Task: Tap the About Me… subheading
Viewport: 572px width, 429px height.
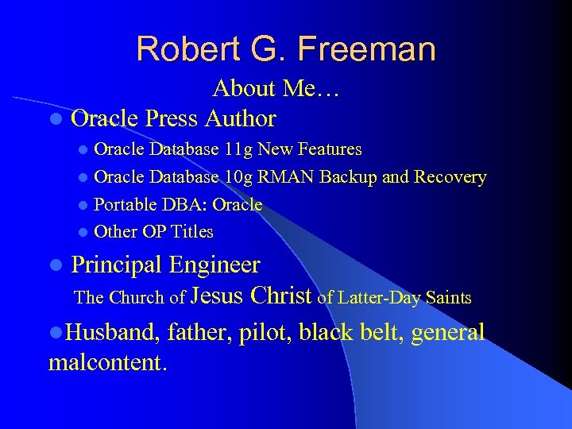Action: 276,89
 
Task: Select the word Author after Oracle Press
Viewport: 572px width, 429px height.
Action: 240,119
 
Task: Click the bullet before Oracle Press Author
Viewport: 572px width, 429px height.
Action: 54,120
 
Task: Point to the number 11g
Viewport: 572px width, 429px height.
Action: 239,149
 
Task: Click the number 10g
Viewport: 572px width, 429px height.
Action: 239,177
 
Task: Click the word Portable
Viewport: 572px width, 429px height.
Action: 126,204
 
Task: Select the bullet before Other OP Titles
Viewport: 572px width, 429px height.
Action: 83,233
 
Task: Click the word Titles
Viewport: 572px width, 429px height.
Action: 193,232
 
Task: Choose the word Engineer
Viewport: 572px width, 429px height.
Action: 214,265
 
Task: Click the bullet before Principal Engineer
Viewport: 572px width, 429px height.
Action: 54,265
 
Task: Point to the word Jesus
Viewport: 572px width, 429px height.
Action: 218,296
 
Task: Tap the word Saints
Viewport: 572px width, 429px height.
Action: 448,299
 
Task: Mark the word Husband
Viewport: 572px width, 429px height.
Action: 102,332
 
